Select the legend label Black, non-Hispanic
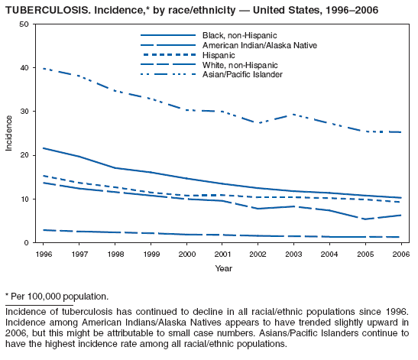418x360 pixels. [239, 36]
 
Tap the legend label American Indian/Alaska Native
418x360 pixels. [258, 45]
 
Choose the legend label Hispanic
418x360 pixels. [219, 55]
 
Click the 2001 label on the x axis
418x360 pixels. [222, 254]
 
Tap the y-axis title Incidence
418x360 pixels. [9, 133]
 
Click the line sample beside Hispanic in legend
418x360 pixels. [167, 55]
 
